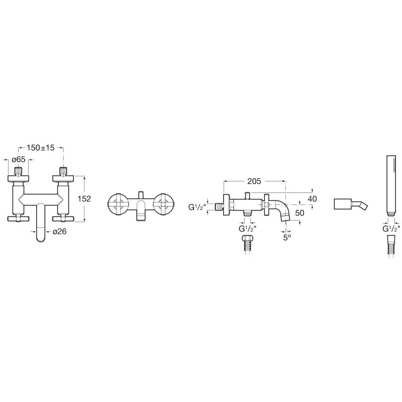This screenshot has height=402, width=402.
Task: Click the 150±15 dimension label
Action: point(41,148)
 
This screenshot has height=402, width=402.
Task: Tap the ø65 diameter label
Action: point(19,159)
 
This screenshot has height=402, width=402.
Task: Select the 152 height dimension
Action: point(84,198)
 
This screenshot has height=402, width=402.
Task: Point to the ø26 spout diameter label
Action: point(60,232)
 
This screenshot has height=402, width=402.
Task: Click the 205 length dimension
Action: point(254,181)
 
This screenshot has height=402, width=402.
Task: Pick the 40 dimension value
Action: point(312,198)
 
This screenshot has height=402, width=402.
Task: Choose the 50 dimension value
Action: point(299,213)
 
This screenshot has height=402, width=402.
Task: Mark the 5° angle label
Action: point(287,237)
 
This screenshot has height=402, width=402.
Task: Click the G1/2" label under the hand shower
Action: point(391,228)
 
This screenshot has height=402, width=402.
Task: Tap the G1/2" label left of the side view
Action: point(197,207)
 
